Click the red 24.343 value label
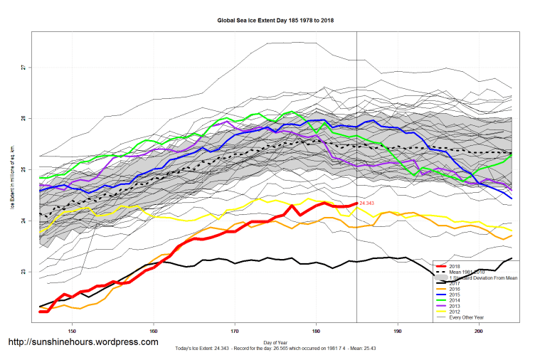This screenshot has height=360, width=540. pos(367,204)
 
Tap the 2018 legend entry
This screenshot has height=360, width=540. pos(455,266)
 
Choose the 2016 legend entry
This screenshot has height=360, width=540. pos(455,290)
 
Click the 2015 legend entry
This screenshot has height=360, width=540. pos(455,295)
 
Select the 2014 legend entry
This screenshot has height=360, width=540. pos(455,301)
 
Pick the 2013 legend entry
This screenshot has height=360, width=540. pos(455,307)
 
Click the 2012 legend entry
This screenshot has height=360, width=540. pos(455,312)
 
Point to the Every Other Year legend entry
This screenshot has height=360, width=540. pos(466,318)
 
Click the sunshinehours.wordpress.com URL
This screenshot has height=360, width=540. pos(83,342)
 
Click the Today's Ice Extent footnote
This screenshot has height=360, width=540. pos(275,349)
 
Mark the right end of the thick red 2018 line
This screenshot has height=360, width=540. pos(356,204)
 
